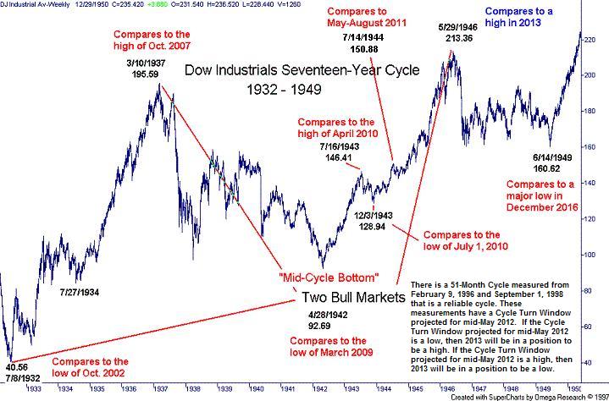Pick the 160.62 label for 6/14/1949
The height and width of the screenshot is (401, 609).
[549, 168]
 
